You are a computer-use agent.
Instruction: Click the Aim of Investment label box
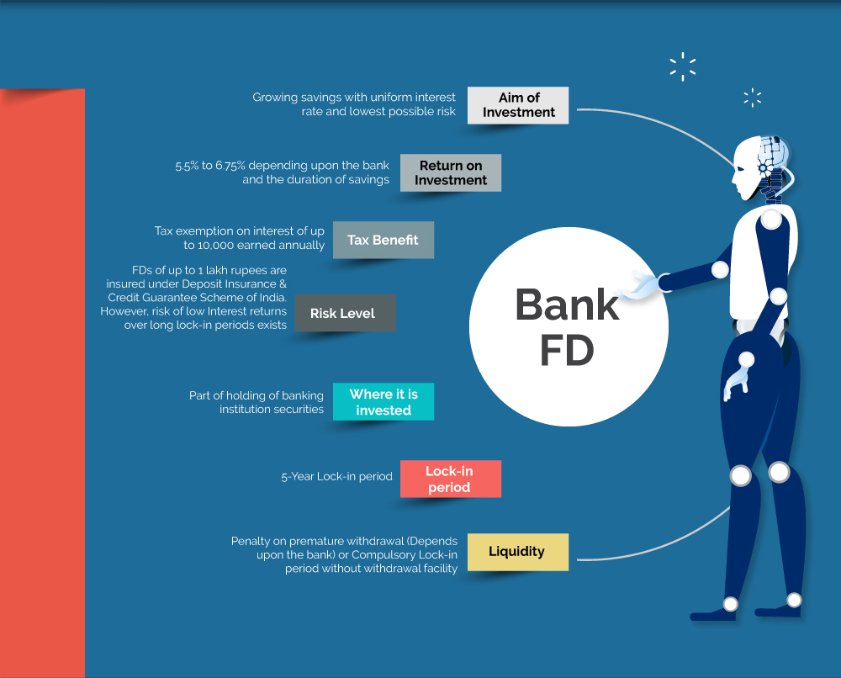[517, 105]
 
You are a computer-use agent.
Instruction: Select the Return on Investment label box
[451, 172]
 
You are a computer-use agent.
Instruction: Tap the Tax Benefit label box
[383, 240]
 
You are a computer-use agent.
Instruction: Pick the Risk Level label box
[345, 313]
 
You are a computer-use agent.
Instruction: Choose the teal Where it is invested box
[383, 402]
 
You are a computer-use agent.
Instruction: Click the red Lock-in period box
[451, 479]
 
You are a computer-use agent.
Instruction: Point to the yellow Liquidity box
[517, 552]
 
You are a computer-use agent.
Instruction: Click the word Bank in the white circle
[567, 305]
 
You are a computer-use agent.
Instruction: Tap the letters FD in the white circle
[567, 350]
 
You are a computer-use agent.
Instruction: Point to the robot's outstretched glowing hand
[637, 285]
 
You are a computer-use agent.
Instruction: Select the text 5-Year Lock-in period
[337, 476]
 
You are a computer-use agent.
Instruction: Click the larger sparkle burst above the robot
[683, 66]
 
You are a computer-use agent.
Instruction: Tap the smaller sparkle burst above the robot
[753, 98]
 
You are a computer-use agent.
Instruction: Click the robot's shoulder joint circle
[770, 220]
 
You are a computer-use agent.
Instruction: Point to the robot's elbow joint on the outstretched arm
[720, 269]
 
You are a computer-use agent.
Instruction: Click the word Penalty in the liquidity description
[251, 541]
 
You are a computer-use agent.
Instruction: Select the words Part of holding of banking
[257, 396]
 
